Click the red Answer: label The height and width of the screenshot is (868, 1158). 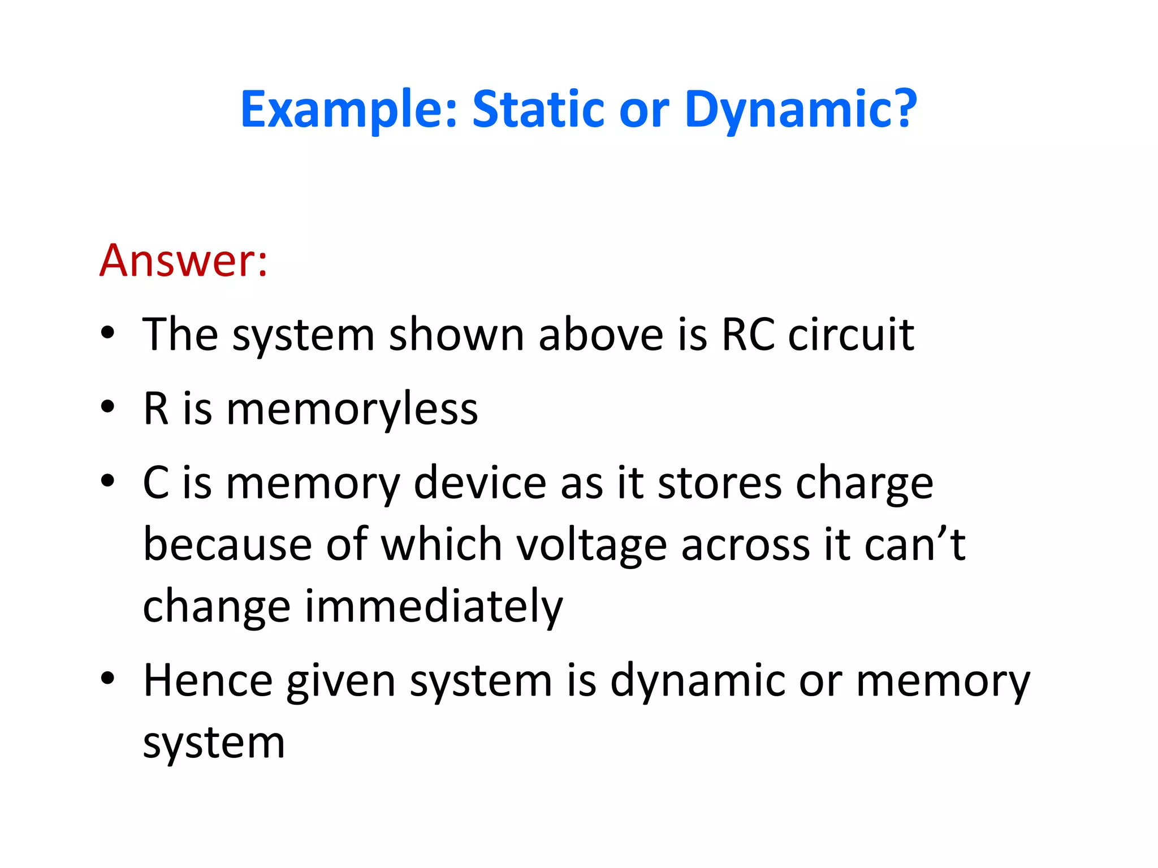coord(183,261)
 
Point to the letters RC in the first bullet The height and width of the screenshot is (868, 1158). coord(747,335)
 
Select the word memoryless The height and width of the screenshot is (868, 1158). coord(352,409)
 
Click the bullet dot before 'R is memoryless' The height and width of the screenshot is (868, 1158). coord(108,407)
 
